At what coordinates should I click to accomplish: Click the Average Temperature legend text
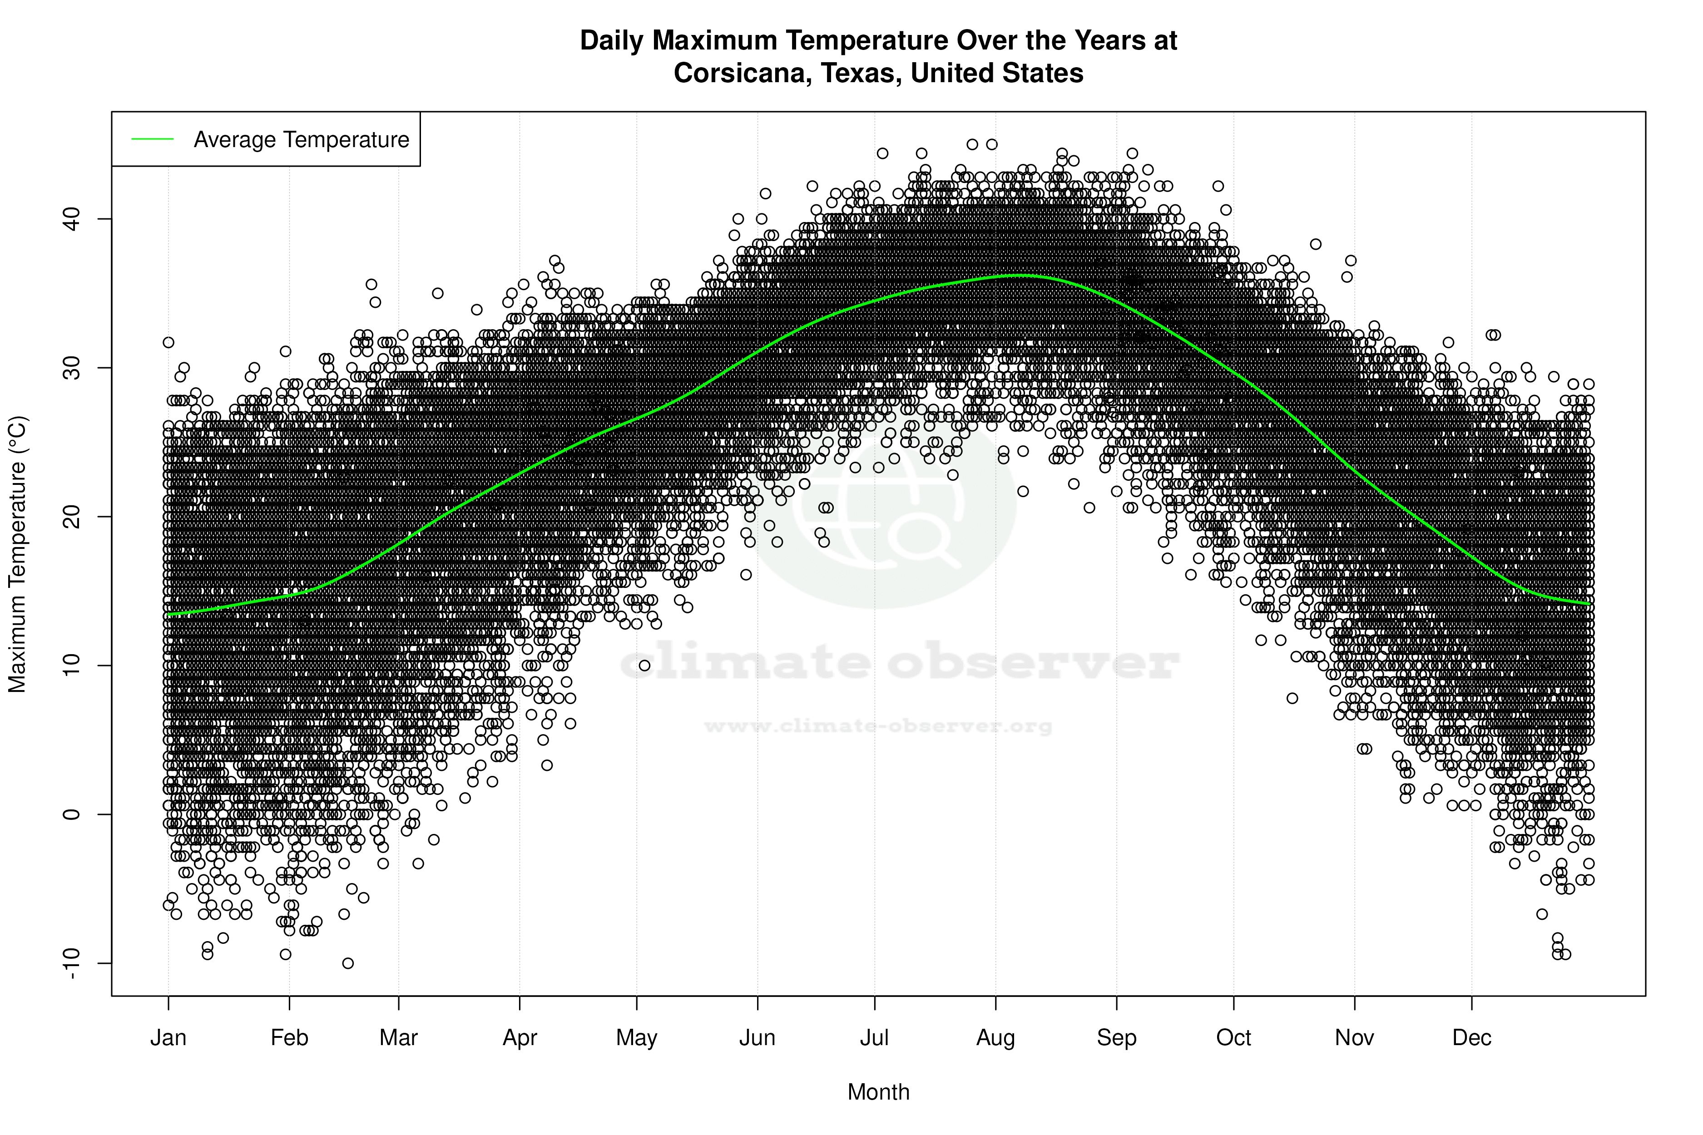pos(301,140)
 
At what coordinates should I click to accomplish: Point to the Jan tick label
pos(168,1038)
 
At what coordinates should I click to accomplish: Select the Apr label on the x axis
pos(520,1038)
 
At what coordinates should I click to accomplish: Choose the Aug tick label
pos(995,1038)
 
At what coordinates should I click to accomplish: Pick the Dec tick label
pos(1471,1038)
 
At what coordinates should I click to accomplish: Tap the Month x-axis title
pos(878,1092)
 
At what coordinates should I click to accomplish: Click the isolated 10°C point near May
pos(644,665)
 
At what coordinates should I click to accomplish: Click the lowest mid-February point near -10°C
pos(347,963)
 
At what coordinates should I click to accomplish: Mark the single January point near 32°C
pos(168,342)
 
